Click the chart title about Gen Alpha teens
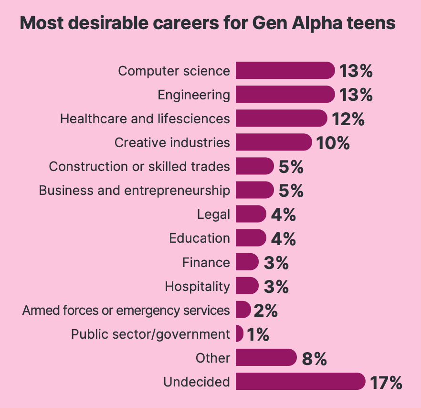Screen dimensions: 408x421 208,23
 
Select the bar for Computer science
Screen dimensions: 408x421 284,71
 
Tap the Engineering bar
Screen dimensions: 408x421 284,95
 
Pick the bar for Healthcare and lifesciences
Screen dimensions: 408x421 281,118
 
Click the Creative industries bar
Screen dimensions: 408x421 273,142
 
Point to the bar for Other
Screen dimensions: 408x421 265,357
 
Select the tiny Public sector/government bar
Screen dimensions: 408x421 239,333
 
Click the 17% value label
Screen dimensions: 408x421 386,382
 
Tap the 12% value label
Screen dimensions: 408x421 348,119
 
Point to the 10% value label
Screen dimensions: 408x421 333,143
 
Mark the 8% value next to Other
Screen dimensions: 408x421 314,358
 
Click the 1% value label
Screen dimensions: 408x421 258,334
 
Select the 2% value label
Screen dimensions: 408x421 266,310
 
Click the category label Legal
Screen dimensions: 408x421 213,215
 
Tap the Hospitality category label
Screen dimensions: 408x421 197,286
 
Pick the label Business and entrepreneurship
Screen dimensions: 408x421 134,190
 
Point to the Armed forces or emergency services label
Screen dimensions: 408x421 126,310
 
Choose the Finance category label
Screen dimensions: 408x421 206,262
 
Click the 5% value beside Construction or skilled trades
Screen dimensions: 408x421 291,167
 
